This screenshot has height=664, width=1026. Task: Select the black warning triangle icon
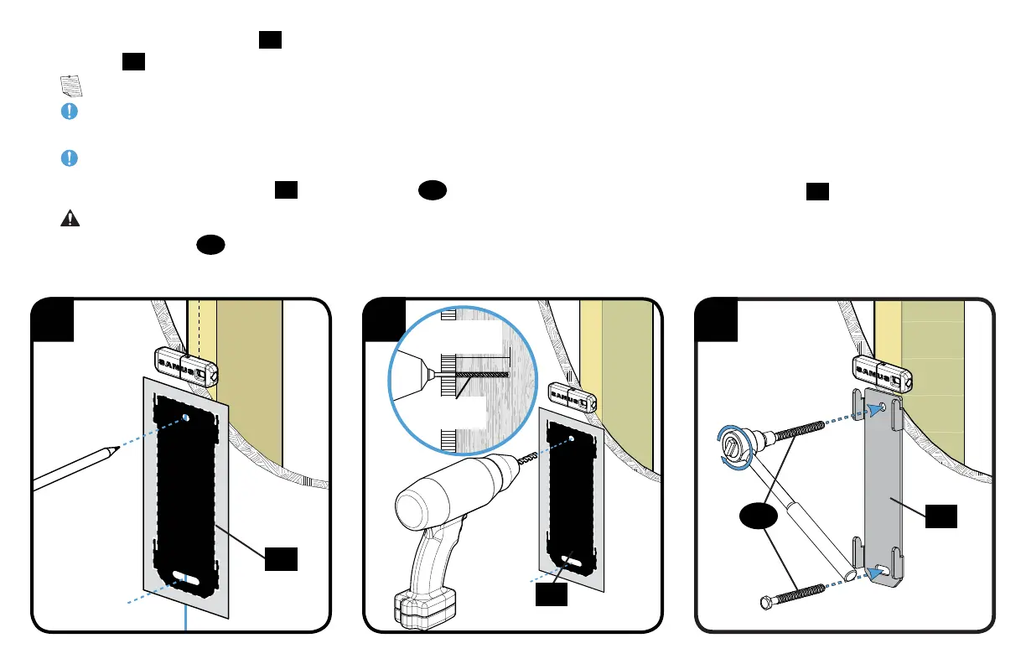[70, 218]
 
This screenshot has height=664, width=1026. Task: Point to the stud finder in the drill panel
[571, 395]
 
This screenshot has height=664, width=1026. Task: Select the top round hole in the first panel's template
[186, 417]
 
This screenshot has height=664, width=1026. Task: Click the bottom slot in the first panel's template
[186, 578]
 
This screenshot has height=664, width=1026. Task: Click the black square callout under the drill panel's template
[551, 594]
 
